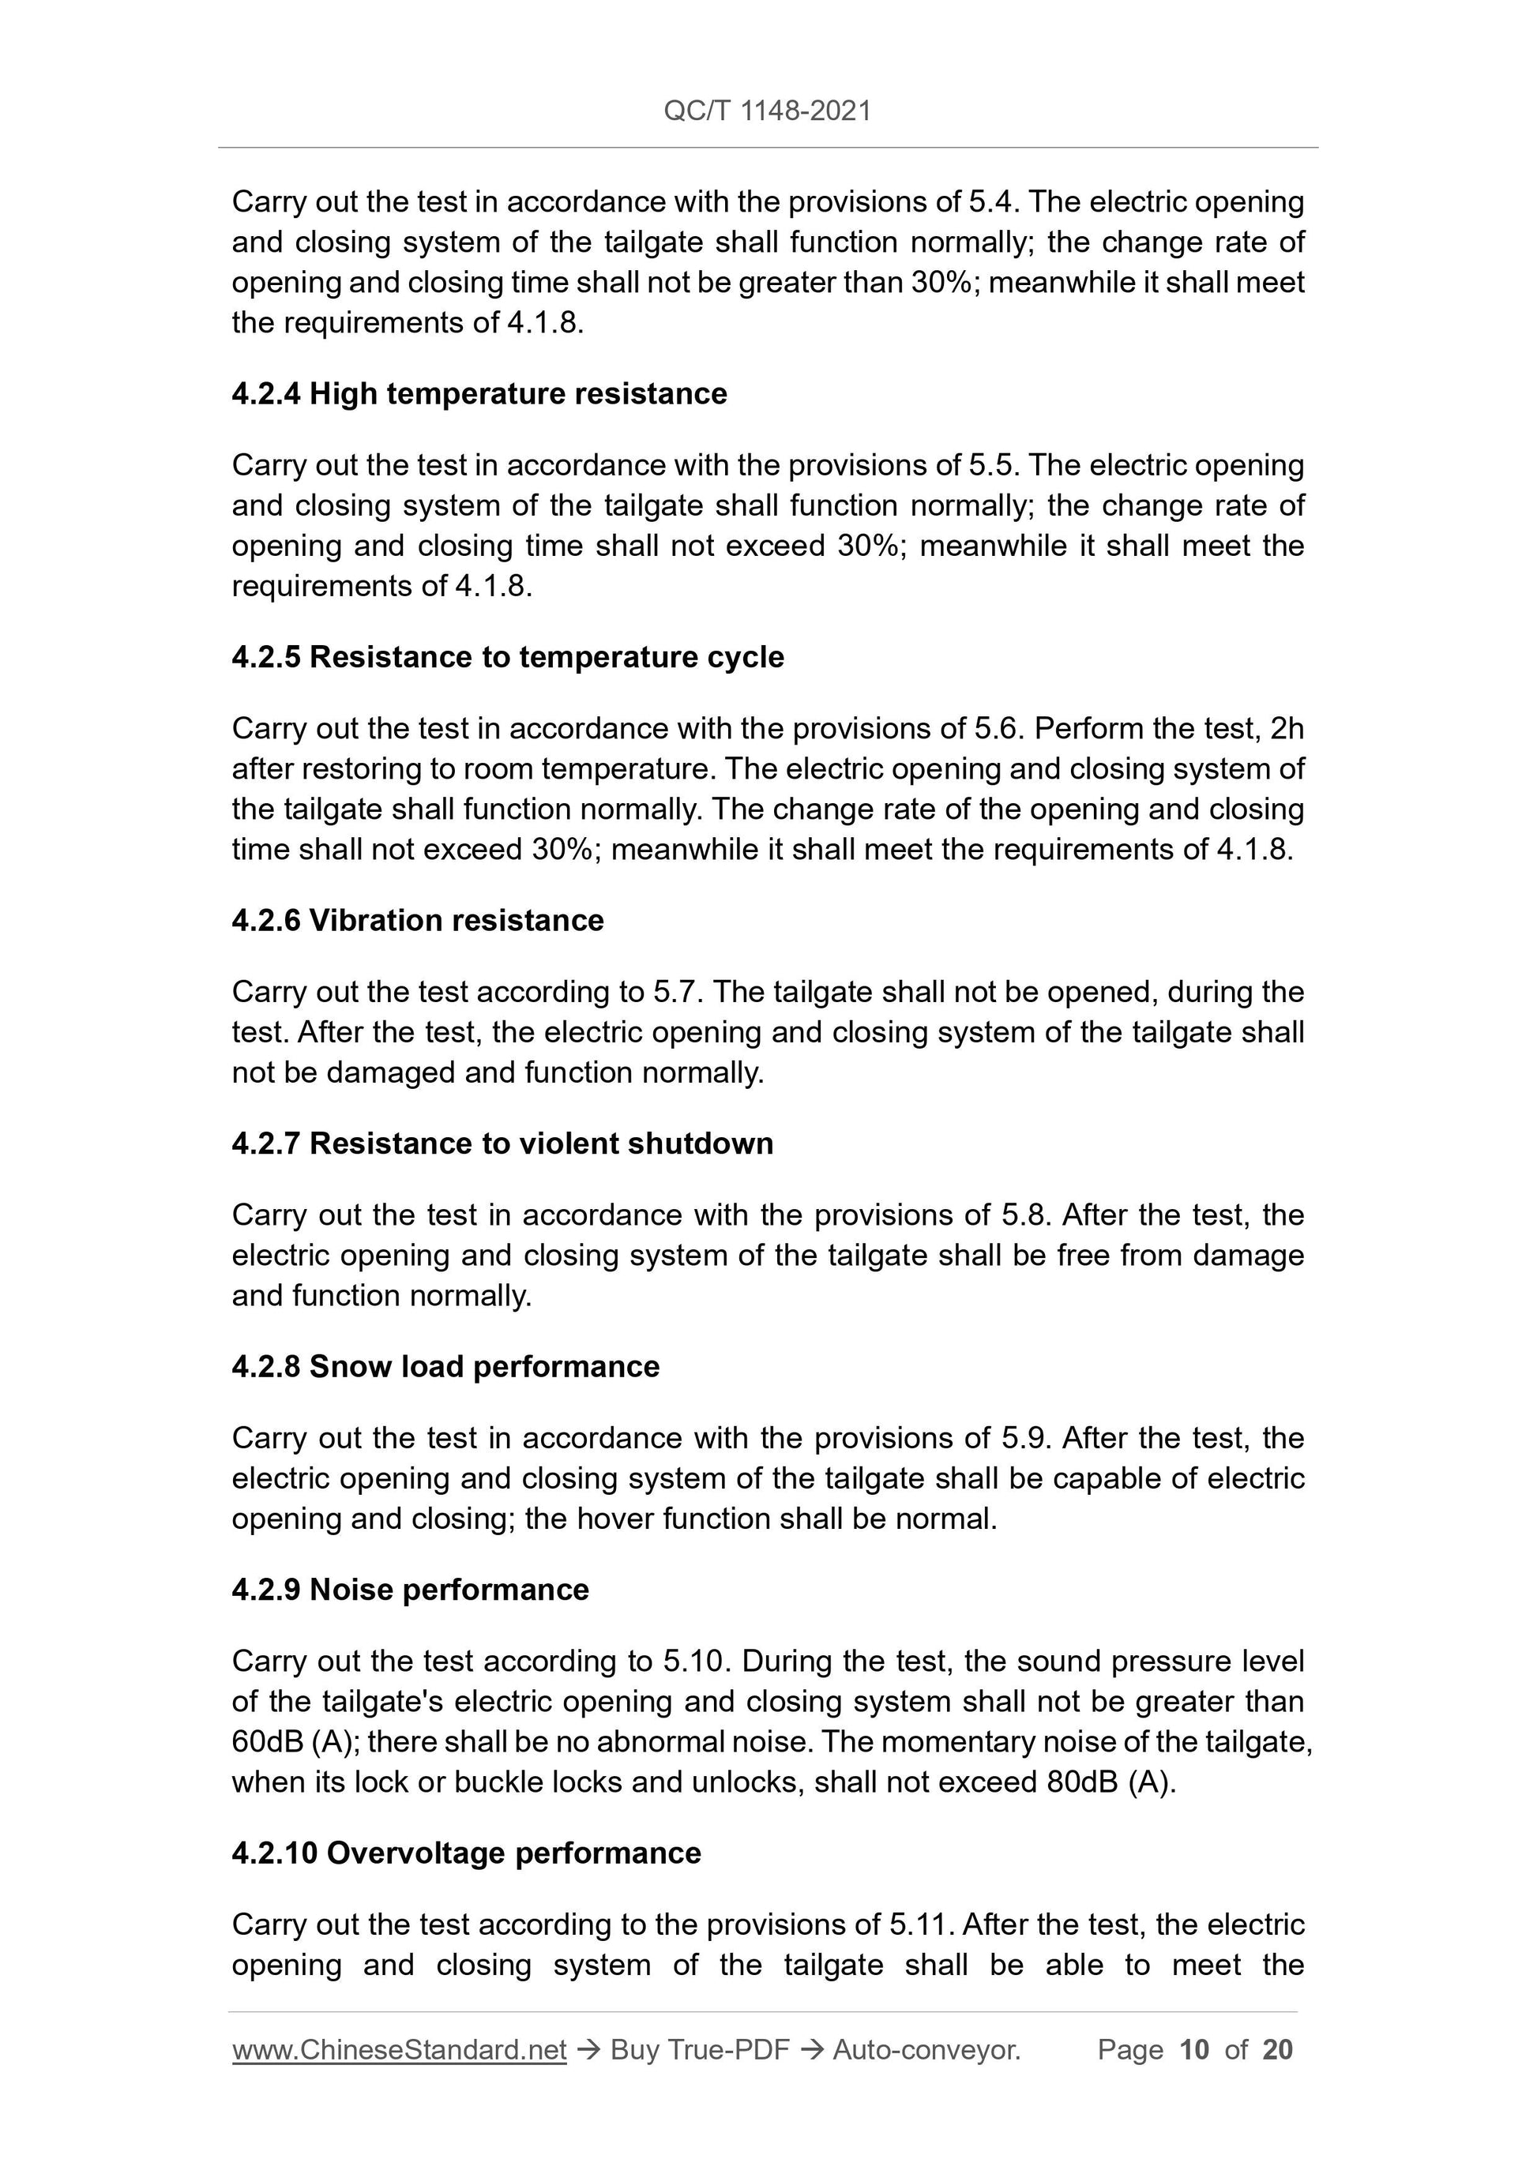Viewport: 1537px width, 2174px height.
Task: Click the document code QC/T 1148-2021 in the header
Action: click(x=767, y=111)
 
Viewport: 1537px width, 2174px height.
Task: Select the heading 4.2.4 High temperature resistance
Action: click(x=479, y=394)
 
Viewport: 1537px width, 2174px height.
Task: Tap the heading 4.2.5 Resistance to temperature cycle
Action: click(x=508, y=657)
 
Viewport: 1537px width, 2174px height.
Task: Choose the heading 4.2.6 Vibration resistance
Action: click(x=418, y=920)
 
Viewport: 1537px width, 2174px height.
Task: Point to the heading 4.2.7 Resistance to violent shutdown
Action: click(x=502, y=1143)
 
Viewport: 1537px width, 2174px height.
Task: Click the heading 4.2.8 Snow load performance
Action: click(x=445, y=1367)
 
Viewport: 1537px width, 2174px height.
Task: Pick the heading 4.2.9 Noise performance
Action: click(x=410, y=1590)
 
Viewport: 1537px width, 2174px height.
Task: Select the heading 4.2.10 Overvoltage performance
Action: click(x=466, y=1853)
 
